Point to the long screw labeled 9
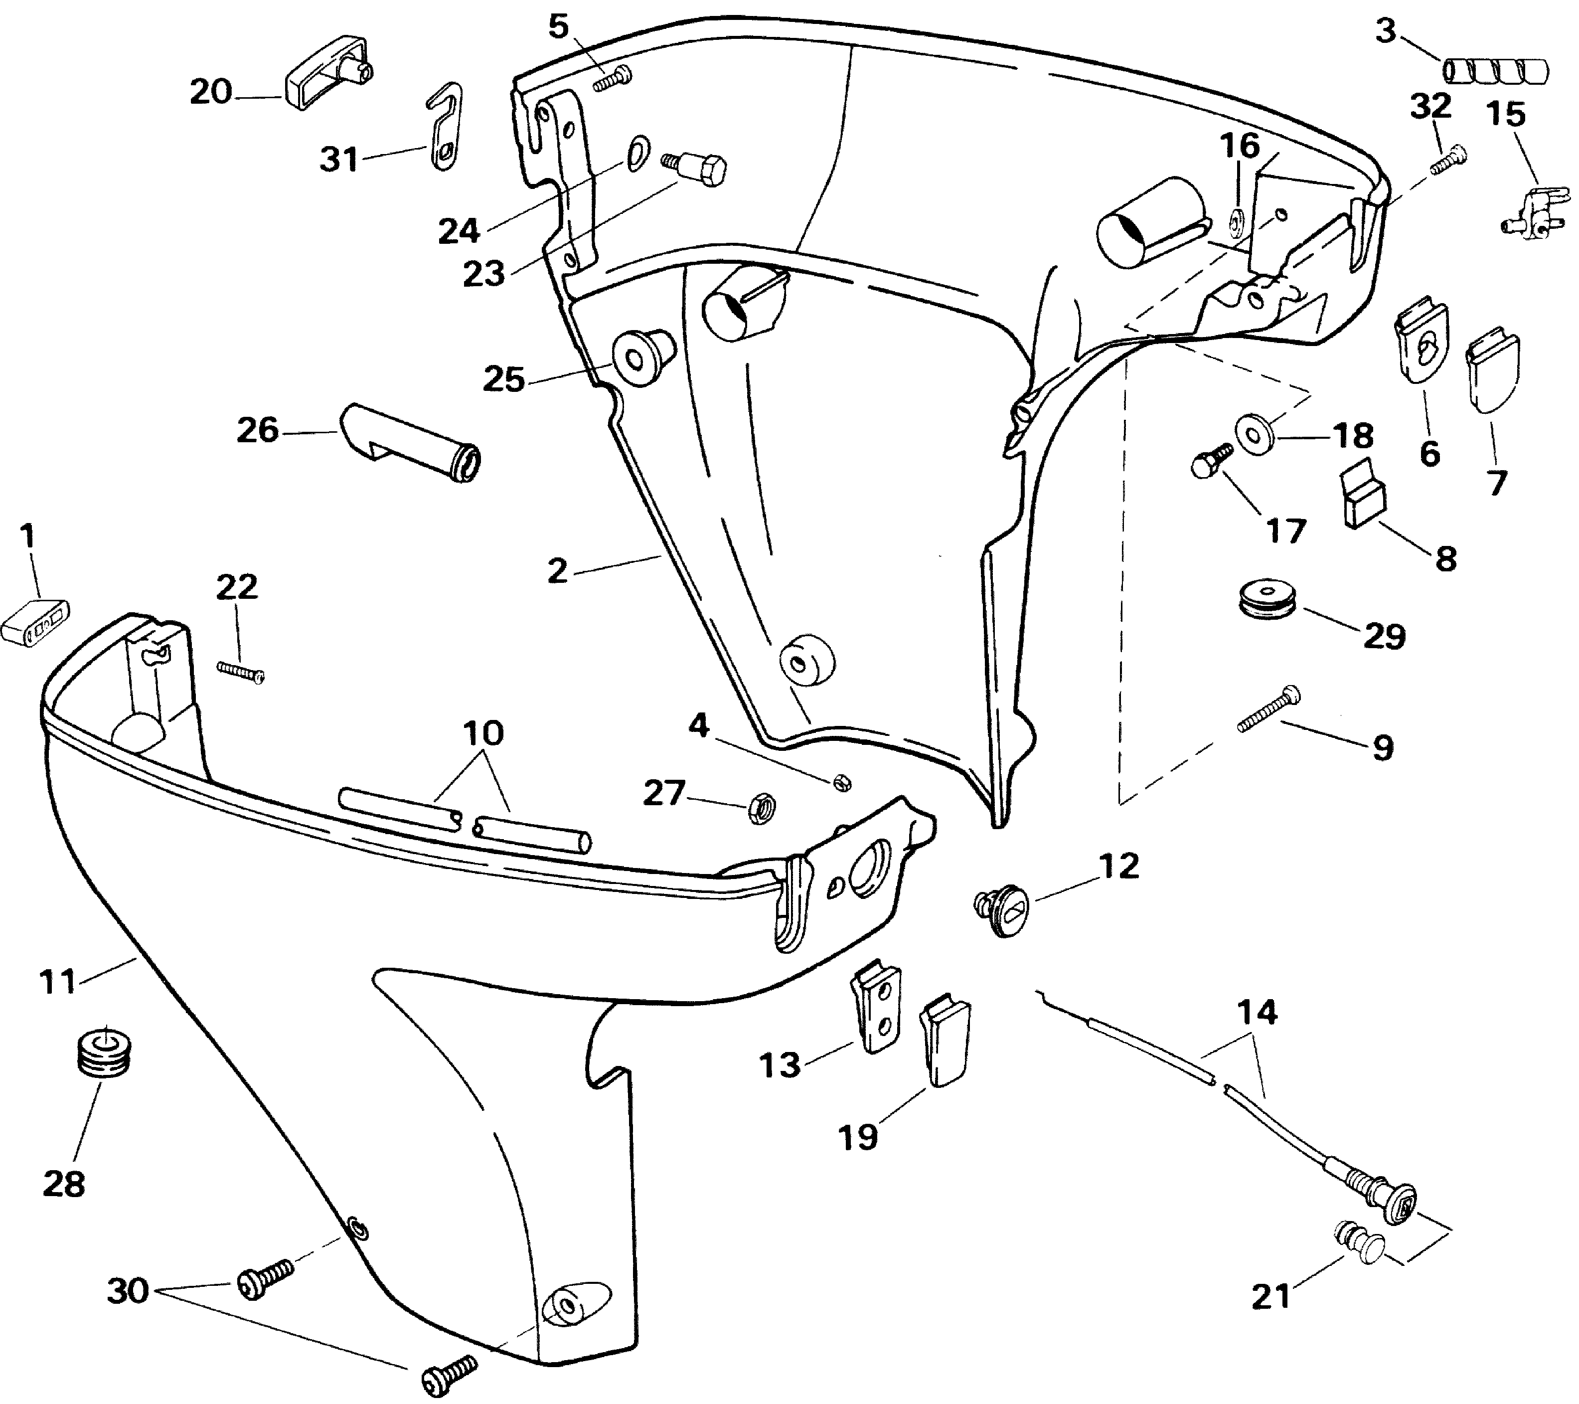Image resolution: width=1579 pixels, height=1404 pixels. [x=1268, y=709]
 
